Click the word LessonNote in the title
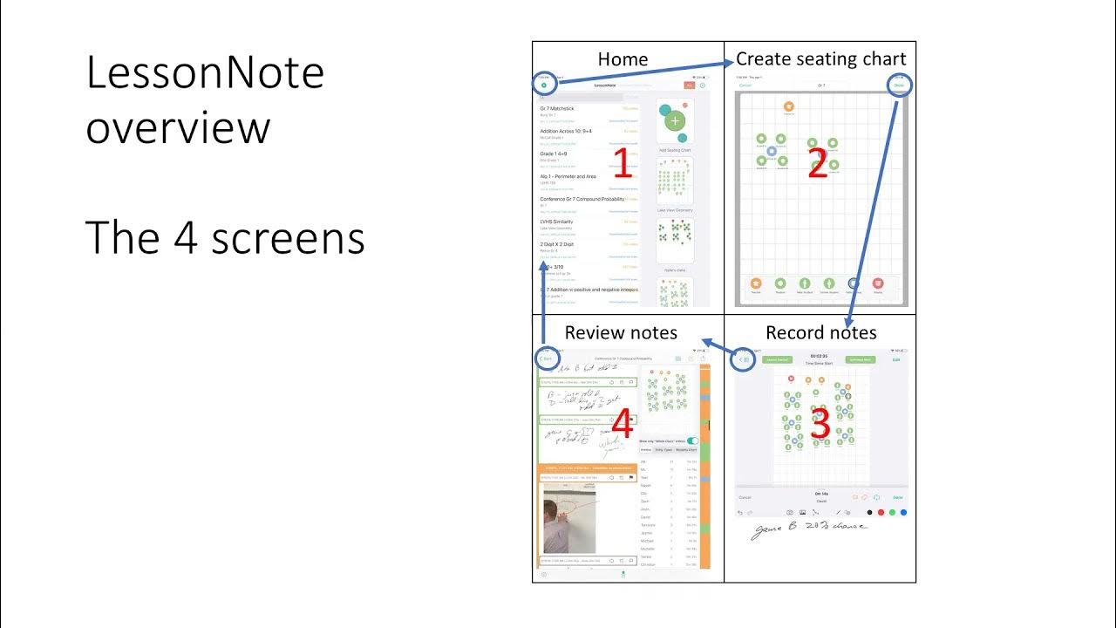[x=205, y=72]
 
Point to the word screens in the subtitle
[x=296, y=237]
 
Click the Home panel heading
[x=623, y=59]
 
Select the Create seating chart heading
[x=820, y=58]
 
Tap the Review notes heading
[x=621, y=332]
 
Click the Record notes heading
[x=820, y=332]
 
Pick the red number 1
[x=622, y=163]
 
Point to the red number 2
[x=817, y=163]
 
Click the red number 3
[x=820, y=423]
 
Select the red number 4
[x=622, y=425]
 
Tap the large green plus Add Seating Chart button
[x=676, y=122]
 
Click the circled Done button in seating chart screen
[x=899, y=85]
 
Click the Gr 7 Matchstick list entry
[x=558, y=109]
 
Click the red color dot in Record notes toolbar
[x=881, y=512]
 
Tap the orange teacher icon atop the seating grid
[x=789, y=106]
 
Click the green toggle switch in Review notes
[x=692, y=441]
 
